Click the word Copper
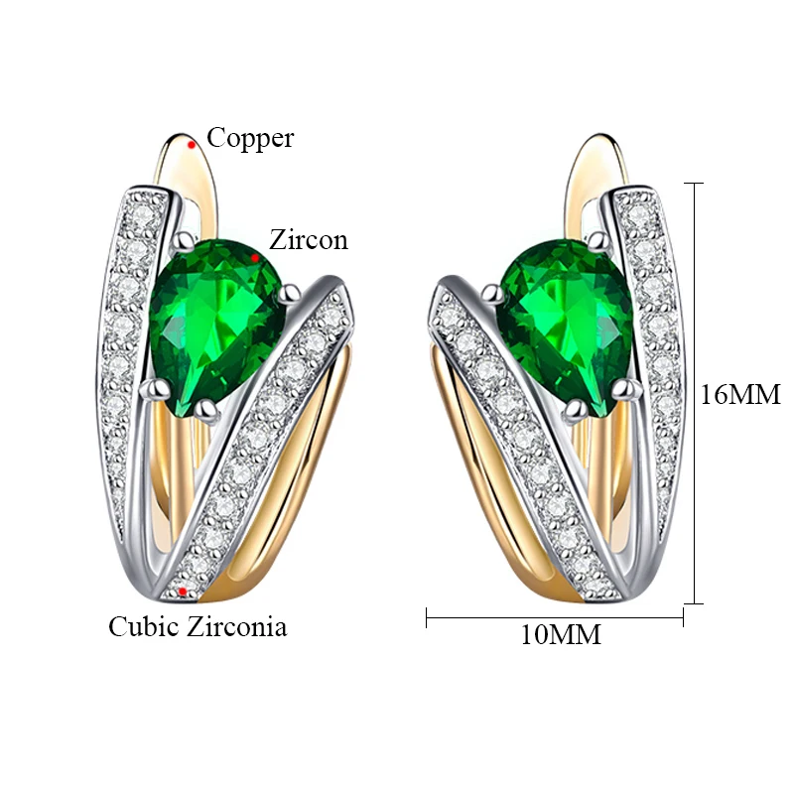[x=250, y=138]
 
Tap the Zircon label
[x=309, y=240]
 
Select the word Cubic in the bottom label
[x=145, y=626]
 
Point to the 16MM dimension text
[x=740, y=395]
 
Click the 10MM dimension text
[x=561, y=635]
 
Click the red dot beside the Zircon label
[x=256, y=256]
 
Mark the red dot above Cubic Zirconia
[x=185, y=593]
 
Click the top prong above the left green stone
[x=185, y=242]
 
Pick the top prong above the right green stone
[x=597, y=240]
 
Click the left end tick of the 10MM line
[x=427, y=617]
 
